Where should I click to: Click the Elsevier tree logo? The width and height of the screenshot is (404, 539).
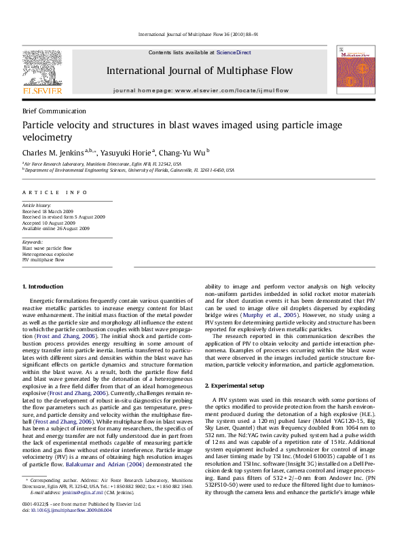pos(43,68)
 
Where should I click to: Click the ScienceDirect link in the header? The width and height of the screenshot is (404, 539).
pos(234,52)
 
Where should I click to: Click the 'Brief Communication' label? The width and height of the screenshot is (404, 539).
pos(54,111)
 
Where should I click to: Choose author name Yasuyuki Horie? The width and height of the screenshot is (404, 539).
pos(128,152)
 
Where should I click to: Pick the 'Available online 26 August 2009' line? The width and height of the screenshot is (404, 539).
pos(56,228)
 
